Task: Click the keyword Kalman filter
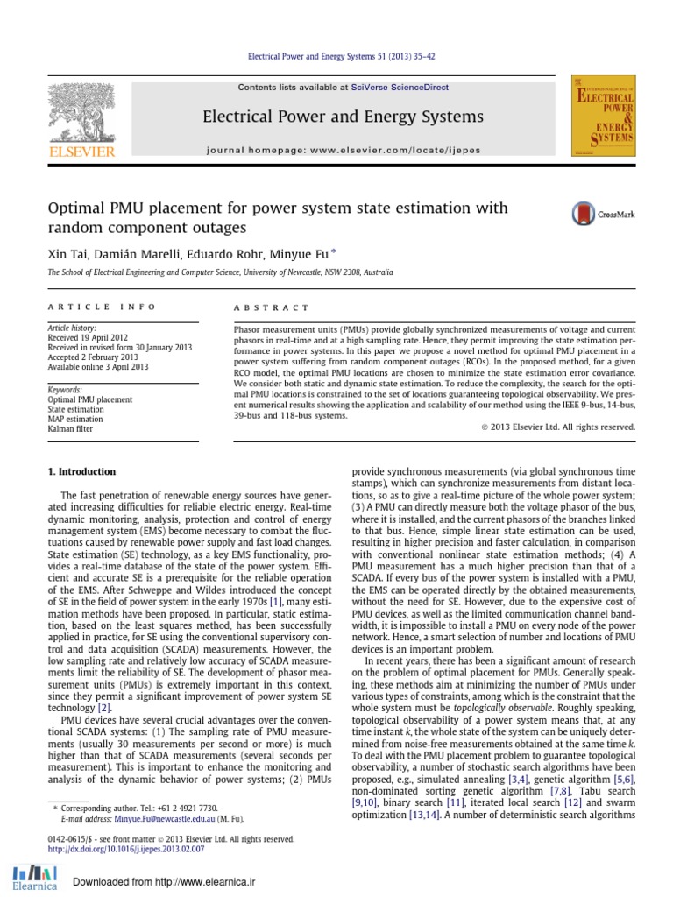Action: (x=70, y=428)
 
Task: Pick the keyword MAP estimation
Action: (x=74, y=419)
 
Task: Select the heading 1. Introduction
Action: (x=81, y=472)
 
